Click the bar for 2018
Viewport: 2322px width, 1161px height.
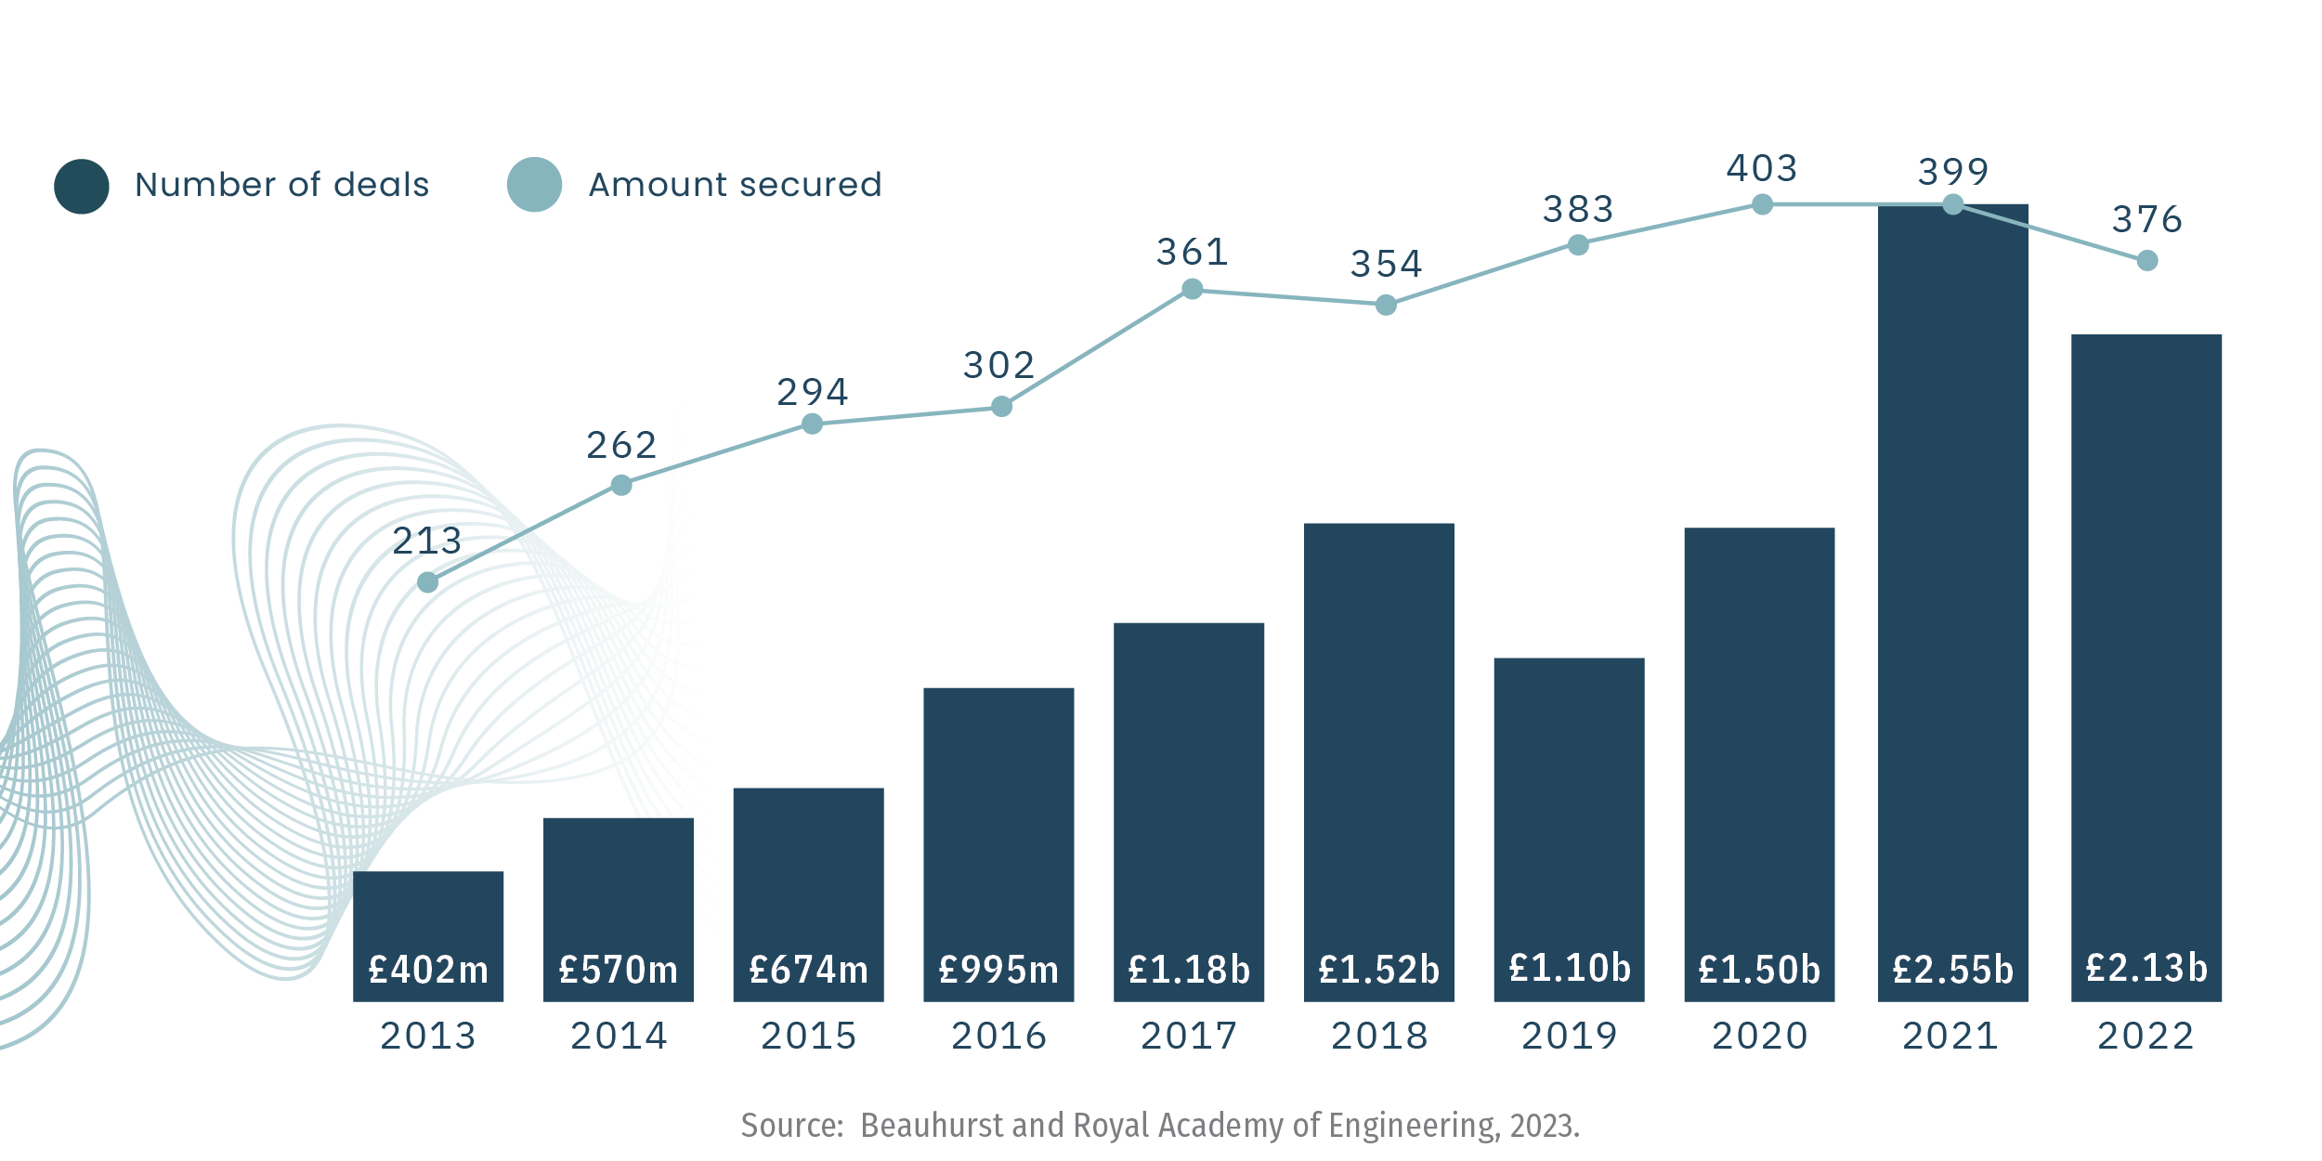(1378, 743)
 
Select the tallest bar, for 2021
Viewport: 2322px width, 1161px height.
(1952, 576)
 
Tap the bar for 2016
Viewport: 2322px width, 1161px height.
(998, 817)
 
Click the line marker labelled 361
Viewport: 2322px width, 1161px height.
(1192, 290)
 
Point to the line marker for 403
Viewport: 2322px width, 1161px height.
(1762, 204)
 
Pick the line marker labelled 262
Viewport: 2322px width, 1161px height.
(621, 485)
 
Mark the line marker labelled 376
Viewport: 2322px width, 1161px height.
(2146, 261)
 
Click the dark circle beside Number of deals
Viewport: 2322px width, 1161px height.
(82, 186)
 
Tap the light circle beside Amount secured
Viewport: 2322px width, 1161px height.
(534, 185)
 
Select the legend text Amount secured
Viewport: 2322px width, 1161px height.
(735, 185)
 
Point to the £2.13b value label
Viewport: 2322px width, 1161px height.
(2146, 969)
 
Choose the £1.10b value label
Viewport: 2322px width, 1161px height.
(1570, 969)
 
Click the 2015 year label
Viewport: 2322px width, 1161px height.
(808, 1037)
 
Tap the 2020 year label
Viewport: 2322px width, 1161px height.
(1759, 1037)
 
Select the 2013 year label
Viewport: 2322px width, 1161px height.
(428, 1037)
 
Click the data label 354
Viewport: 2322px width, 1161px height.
(1386, 265)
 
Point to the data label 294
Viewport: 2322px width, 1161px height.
(813, 393)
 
